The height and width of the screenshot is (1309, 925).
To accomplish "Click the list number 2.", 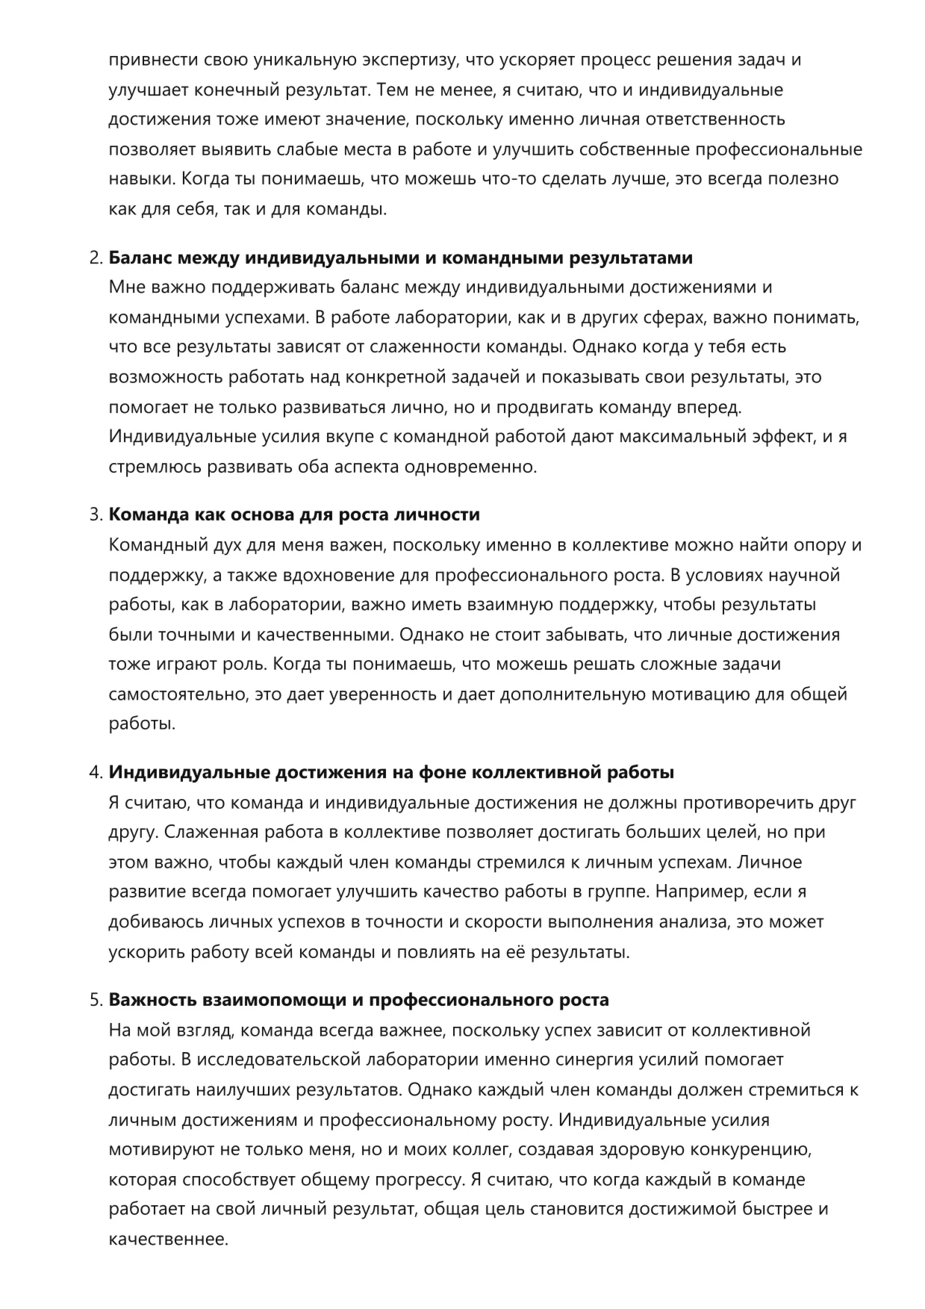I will pos(95,258).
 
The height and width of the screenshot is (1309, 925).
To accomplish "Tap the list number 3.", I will pos(95,515).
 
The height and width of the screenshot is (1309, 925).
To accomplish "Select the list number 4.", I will pos(95,773).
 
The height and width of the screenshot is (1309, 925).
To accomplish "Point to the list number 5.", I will pos(95,1000).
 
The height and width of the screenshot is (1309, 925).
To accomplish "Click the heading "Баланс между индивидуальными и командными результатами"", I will pos(401,258).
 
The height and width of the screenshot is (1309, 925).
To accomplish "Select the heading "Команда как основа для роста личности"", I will pos(294,515).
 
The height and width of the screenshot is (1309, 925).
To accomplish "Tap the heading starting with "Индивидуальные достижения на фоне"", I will pos(391,773).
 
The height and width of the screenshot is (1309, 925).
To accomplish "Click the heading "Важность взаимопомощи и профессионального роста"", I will pos(359,1000).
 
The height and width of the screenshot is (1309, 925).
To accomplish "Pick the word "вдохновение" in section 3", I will pos(352,576).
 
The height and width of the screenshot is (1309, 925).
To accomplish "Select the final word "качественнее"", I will pos(168,1240).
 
